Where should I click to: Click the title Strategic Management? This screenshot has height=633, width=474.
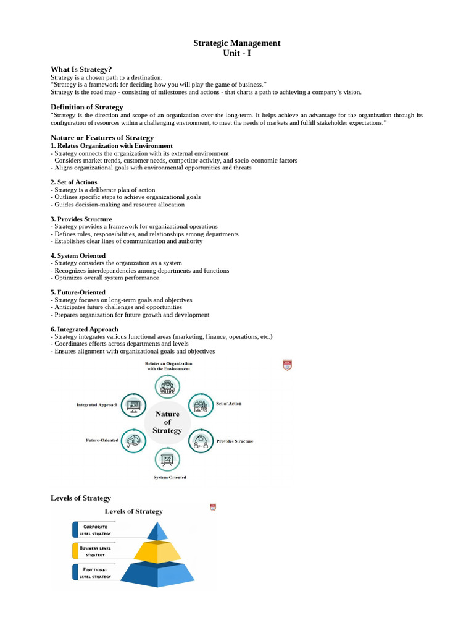coord(237,43)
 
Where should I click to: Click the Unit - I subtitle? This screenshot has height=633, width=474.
coord(237,53)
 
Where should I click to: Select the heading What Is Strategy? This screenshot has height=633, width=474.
coord(81,69)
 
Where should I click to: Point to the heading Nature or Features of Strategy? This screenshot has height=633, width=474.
coord(102,137)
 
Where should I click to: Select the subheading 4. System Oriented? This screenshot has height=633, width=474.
coord(78,255)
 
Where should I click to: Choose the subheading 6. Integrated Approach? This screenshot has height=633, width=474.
coord(84,329)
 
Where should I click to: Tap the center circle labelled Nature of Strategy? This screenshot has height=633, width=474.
coord(168,422)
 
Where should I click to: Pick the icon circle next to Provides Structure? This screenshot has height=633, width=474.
coord(200,440)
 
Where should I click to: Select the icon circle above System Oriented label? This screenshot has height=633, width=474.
coord(167,460)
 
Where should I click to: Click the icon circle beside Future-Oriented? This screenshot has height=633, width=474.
coord(133,440)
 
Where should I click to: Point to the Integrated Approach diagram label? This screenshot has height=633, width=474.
coord(96,405)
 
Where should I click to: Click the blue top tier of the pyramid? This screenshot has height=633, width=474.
coord(158,532)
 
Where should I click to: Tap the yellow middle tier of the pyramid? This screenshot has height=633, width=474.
coord(158,551)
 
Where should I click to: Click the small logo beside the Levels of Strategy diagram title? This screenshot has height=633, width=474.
coord(213,508)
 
